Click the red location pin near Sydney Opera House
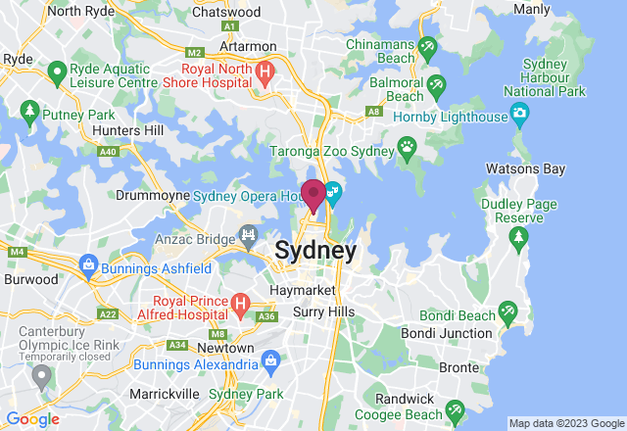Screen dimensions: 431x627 [x=313, y=195]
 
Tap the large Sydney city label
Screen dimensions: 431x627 [x=315, y=251]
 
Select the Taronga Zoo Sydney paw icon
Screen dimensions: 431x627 [x=407, y=148]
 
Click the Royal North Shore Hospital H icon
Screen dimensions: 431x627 [x=264, y=72]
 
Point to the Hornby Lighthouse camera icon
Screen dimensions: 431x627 [x=519, y=116]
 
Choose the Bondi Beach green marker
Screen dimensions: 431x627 [x=506, y=312]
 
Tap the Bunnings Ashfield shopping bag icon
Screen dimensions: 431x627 [x=88, y=264]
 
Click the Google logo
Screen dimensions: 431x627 [x=33, y=419]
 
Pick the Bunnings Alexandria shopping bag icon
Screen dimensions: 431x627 [x=270, y=359]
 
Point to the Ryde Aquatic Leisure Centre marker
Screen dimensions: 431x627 [x=57, y=71]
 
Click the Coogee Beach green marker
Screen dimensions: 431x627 [x=454, y=409]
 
